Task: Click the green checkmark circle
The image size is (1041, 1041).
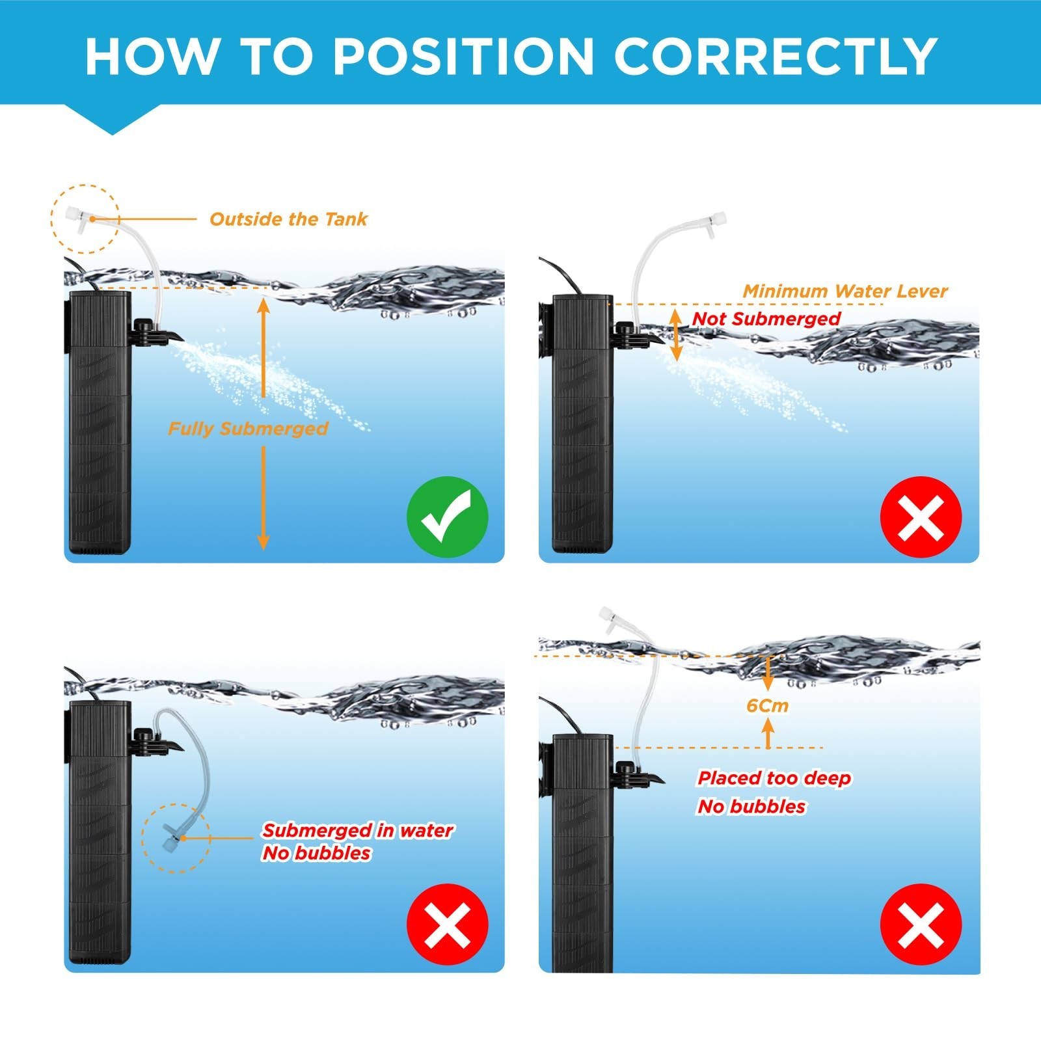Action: (x=447, y=517)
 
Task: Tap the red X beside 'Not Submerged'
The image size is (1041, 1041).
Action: (x=921, y=517)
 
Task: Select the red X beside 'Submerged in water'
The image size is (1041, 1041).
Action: (x=447, y=924)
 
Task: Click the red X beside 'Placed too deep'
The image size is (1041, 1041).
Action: (x=921, y=924)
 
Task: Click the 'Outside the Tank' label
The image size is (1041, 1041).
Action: (x=288, y=219)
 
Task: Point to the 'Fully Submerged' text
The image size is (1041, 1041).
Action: (x=248, y=429)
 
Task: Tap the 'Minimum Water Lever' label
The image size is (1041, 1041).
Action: (x=845, y=291)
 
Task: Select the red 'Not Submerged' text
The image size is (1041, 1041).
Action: (x=766, y=319)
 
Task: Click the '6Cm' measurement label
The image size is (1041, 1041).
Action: (x=768, y=706)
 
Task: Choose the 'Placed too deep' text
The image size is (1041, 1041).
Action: (x=774, y=778)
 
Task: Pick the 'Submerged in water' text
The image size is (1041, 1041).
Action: (x=358, y=831)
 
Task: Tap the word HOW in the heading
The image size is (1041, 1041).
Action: (x=152, y=56)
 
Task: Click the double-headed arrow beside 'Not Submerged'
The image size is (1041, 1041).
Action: (x=677, y=334)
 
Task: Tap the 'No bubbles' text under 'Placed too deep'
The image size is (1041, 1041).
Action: (x=751, y=807)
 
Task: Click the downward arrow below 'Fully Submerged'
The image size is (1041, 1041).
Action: (x=264, y=498)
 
